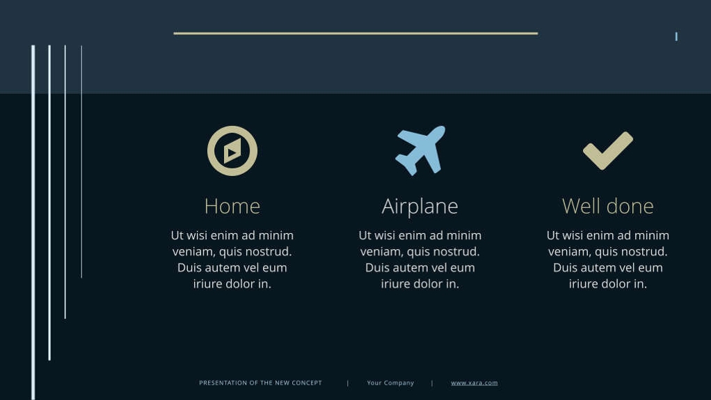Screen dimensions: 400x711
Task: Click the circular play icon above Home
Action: (x=232, y=151)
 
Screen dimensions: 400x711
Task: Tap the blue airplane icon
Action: (x=420, y=150)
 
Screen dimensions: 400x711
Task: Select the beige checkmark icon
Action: (x=607, y=150)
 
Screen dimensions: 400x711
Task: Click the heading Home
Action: (x=232, y=206)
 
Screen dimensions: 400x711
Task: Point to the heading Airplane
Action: (x=420, y=206)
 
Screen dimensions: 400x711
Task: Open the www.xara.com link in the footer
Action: (x=474, y=383)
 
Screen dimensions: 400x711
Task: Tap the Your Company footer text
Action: (x=390, y=383)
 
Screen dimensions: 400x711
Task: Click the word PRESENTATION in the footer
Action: (x=221, y=383)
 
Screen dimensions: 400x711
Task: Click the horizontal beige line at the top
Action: (x=355, y=33)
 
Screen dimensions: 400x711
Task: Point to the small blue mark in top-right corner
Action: (x=676, y=36)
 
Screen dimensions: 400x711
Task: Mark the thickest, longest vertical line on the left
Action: (x=33, y=223)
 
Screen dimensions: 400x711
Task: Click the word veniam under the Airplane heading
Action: (x=381, y=251)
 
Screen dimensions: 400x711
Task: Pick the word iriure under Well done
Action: (x=584, y=284)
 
